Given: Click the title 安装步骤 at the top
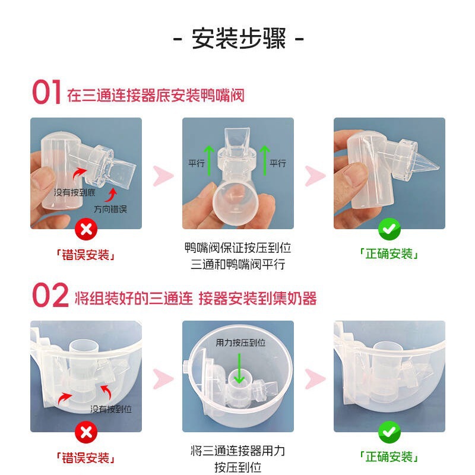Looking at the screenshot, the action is (239, 39).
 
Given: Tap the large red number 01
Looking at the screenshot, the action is (47, 92).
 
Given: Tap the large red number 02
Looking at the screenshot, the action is (50, 295).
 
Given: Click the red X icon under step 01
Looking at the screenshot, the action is (86, 229).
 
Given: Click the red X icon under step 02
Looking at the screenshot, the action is (86, 432).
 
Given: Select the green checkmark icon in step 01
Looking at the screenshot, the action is (389, 229).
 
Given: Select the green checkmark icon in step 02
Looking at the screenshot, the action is (389, 432).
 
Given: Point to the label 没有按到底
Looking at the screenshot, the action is (75, 192).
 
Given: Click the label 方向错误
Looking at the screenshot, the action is (110, 209).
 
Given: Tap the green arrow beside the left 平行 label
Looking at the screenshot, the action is (209, 160).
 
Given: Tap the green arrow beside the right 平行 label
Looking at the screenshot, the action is (265, 160).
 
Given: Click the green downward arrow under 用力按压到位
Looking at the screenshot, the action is (239, 368).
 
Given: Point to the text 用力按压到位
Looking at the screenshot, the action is (240, 343).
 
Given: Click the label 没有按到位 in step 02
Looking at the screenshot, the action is (111, 409).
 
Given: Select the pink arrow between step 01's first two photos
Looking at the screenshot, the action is (163, 176).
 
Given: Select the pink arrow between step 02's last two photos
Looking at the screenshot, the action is (315, 379).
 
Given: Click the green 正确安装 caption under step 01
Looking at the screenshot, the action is (389, 254).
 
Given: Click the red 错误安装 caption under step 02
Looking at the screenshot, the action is (85, 458).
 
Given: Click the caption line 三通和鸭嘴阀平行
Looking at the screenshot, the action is (238, 264).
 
